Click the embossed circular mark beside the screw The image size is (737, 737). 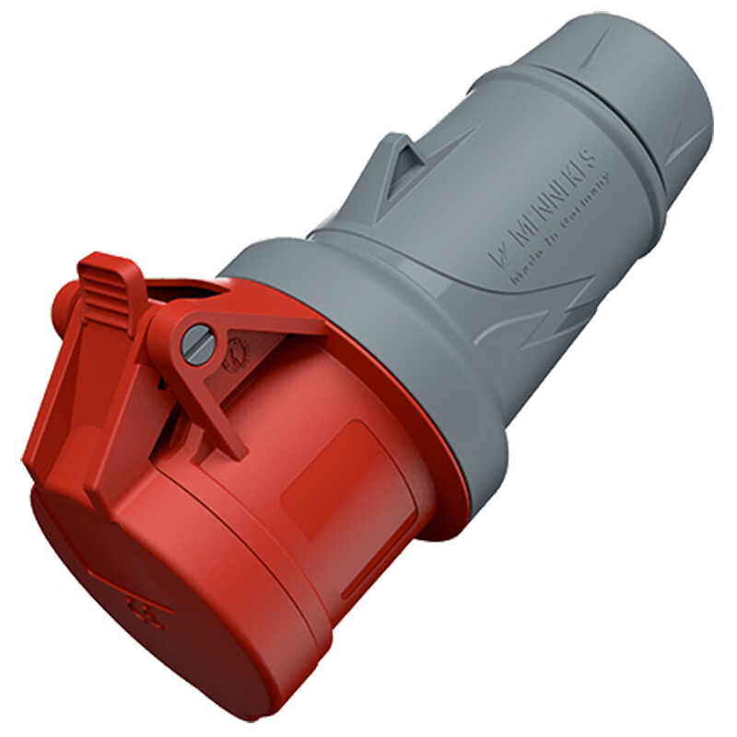point(232,355)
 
